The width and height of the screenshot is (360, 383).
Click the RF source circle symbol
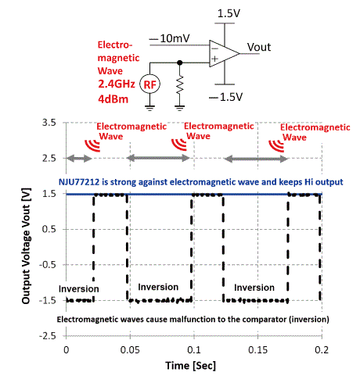149,84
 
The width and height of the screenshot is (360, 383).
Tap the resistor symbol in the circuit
179,84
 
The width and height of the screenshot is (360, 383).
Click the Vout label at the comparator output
259,47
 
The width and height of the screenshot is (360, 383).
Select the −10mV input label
170,38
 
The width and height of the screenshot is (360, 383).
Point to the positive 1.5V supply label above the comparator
229,13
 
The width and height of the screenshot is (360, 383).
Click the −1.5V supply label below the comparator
226,97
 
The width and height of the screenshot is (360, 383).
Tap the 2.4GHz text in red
117,84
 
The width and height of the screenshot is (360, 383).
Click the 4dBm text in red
113,99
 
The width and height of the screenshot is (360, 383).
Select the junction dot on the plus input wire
179,63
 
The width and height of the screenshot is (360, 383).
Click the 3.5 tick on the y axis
49,123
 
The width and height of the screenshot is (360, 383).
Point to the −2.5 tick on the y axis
48,336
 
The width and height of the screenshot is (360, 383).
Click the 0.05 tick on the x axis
130,349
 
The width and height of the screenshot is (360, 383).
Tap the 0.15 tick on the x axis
257,349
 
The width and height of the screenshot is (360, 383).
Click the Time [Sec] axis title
191,366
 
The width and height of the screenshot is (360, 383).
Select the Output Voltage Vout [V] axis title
26,245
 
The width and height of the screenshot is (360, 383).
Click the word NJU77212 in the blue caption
79,182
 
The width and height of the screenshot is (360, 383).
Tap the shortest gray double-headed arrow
79,158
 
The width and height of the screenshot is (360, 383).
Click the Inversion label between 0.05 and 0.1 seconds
158,287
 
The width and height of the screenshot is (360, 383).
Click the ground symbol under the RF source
149,108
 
